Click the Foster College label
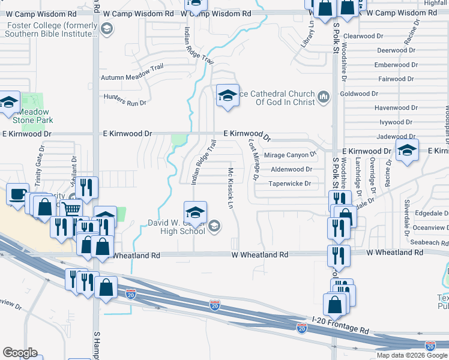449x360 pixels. click(52, 30)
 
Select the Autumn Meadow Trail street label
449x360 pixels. click(132, 77)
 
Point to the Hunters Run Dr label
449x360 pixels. click(125, 100)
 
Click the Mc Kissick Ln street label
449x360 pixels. click(230, 188)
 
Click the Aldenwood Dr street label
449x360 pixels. click(292, 170)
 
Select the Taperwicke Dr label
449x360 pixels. click(290, 184)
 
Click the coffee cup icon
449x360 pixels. click(17, 194)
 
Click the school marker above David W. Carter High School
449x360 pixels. click(195, 212)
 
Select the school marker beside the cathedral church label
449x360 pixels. click(227, 95)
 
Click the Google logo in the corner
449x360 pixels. click(20, 353)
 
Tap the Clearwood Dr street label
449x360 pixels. click(364, 37)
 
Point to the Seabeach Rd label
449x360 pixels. click(429, 242)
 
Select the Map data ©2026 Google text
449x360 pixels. click(412, 355)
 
